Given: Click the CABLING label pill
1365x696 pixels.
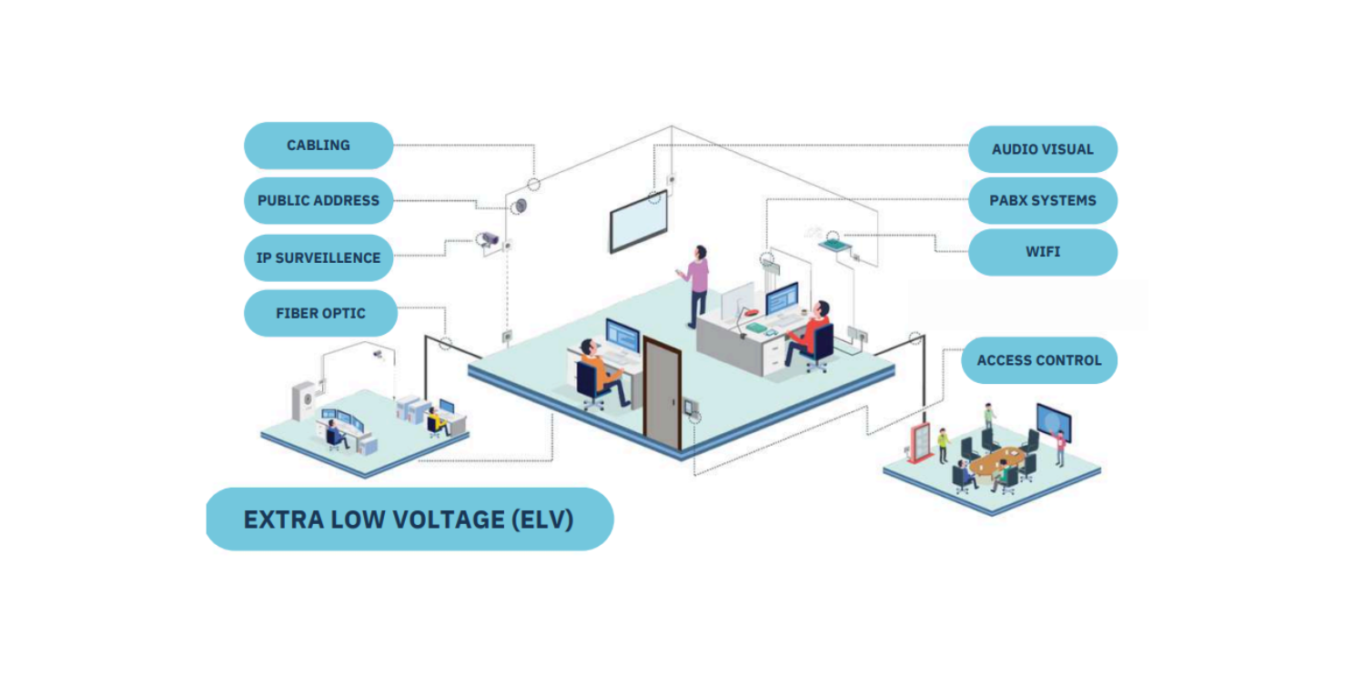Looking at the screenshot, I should point(318,146).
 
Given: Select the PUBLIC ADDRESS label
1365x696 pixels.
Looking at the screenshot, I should point(318,200).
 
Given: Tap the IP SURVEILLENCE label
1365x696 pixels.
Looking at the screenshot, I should point(318,257).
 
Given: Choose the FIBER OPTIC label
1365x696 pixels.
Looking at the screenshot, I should point(320,313).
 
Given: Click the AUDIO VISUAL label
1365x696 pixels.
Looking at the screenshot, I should point(1042,149).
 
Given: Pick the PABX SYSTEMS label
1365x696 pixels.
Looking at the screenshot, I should point(1042,200).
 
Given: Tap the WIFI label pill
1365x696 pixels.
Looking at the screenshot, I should point(1042,251).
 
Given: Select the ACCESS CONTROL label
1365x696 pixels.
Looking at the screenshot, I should point(1038,360).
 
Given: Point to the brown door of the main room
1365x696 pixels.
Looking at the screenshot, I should point(662,393).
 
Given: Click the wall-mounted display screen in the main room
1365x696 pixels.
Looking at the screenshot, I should point(639,223).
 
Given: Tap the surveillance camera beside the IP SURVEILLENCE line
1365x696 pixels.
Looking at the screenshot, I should point(489,239).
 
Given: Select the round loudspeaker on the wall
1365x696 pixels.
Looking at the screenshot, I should point(519,207).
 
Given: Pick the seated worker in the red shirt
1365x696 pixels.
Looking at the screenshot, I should point(813,329).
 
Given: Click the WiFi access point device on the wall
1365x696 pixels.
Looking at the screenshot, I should point(832,242).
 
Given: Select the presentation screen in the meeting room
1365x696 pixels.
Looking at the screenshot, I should point(1053,423).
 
